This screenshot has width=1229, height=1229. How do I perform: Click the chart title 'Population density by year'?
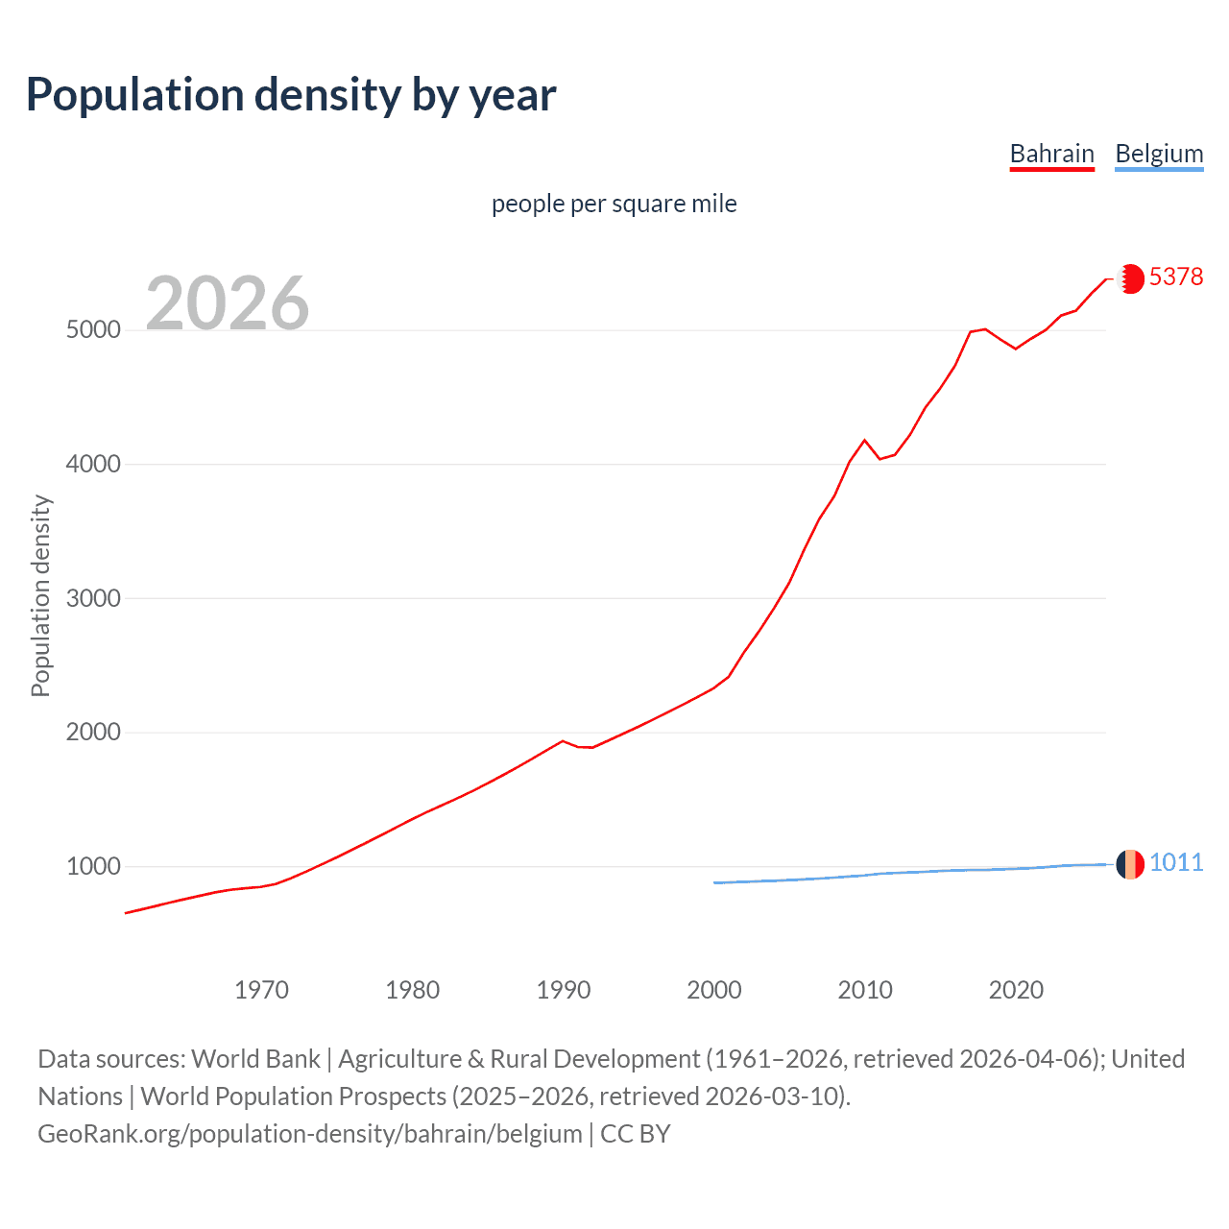[x=291, y=95]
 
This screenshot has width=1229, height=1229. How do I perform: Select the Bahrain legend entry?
[x=1051, y=154]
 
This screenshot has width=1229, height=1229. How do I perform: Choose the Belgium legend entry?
[x=1159, y=154]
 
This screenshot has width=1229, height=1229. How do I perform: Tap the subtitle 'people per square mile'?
[x=614, y=204]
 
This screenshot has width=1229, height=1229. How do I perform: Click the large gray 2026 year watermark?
[x=228, y=303]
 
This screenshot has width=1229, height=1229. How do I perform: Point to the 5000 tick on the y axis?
[x=93, y=329]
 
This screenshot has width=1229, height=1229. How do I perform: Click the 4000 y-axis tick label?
[x=93, y=464]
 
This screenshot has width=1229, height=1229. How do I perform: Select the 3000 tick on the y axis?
[x=93, y=598]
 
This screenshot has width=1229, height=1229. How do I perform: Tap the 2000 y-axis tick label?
[x=93, y=732]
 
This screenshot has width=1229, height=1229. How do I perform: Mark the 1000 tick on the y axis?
[x=93, y=866]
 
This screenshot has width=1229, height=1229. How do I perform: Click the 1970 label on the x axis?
[x=261, y=990]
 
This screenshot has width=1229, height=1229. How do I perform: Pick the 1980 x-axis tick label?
[x=412, y=990]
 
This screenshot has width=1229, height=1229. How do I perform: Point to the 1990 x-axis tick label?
[x=564, y=990]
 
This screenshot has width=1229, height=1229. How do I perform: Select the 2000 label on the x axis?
[x=714, y=990]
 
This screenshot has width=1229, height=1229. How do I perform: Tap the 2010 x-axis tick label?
[x=865, y=990]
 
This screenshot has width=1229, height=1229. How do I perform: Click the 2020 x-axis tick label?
[x=1016, y=990]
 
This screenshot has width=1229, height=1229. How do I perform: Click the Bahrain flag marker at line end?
[x=1130, y=278]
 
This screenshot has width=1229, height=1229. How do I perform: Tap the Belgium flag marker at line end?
[x=1130, y=864]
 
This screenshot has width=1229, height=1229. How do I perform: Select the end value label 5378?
[x=1176, y=277]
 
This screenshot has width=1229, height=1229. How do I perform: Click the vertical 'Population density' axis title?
[x=40, y=595]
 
